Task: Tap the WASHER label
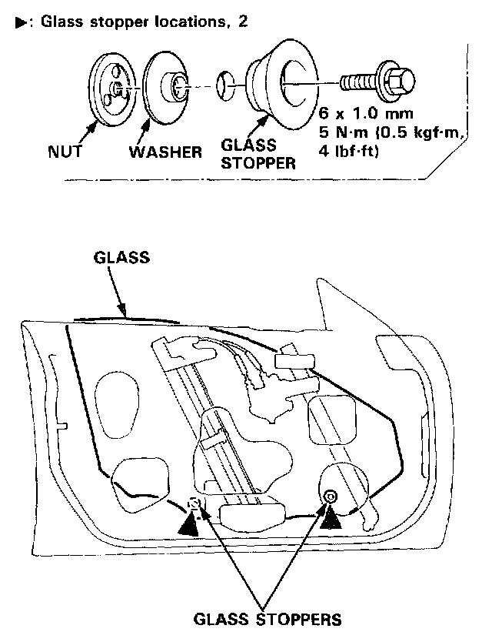click(x=165, y=151)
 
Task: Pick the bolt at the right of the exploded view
click(x=377, y=80)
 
